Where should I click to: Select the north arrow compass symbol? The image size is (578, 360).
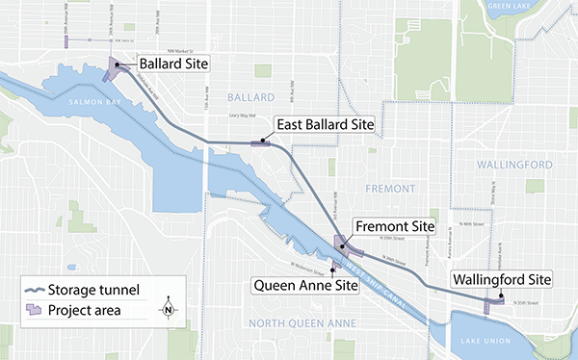click(168, 309)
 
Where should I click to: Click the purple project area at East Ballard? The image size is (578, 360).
click(261, 143)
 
